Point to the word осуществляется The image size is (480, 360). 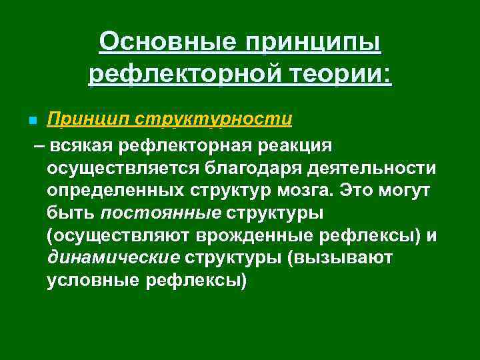pos(126,168)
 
